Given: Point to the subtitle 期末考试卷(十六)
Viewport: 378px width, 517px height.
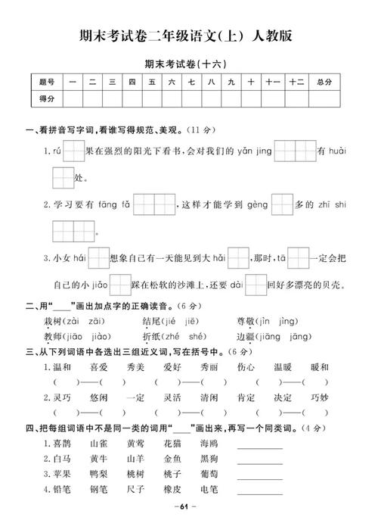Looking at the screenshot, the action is click(x=188, y=65).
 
